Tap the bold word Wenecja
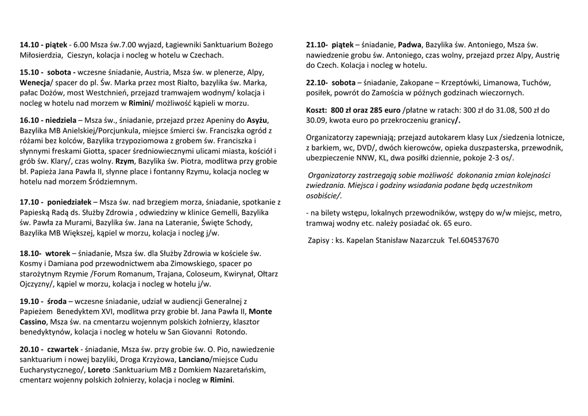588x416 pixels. [x=35, y=83]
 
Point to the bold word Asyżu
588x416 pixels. [x=257, y=120]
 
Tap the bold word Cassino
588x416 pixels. [x=34, y=322]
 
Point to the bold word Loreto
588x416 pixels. [x=99, y=369]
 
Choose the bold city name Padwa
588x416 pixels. [x=409, y=45]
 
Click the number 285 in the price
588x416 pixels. [x=378, y=110]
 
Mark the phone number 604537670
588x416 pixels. [x=480, y=240]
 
